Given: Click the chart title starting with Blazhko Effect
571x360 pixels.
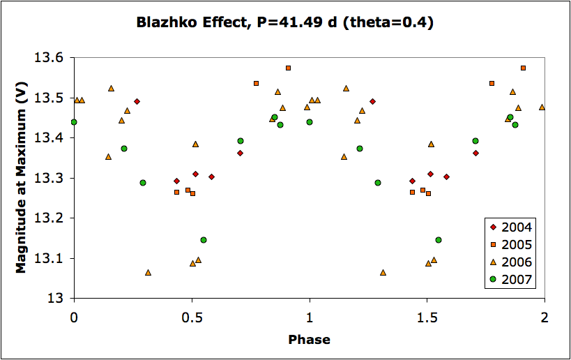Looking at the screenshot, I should (x=285, y=22).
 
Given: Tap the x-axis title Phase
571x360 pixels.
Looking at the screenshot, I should (x=309, y=340).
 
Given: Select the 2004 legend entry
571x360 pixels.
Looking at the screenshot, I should (x=512, y=226).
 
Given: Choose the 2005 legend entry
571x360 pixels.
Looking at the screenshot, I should (x=512, y=244).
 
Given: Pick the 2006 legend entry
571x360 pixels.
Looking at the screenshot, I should (x=512, y=262).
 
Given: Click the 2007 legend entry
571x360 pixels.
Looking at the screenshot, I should (x=512, y=280).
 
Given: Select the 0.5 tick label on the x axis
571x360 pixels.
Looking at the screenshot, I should (x=191, y=316).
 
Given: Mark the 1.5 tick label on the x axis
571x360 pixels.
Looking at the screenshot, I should (x=427, y=316).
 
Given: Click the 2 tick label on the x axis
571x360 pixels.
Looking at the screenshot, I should (x=545, y=316).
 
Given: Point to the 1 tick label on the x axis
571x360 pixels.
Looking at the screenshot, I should (x=310, y=316).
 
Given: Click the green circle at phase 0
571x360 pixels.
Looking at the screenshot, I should (x=74, y=122).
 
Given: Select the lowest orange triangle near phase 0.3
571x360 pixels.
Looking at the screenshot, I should (x=148, y=272).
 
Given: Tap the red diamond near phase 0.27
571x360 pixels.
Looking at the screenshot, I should (x=137, y=101).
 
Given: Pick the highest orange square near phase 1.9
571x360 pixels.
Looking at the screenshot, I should (x=523, y=68).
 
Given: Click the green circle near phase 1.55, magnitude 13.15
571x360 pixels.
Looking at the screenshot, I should (x=439, y=240).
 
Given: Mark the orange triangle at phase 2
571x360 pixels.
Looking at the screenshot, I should (x=542, y=107).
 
